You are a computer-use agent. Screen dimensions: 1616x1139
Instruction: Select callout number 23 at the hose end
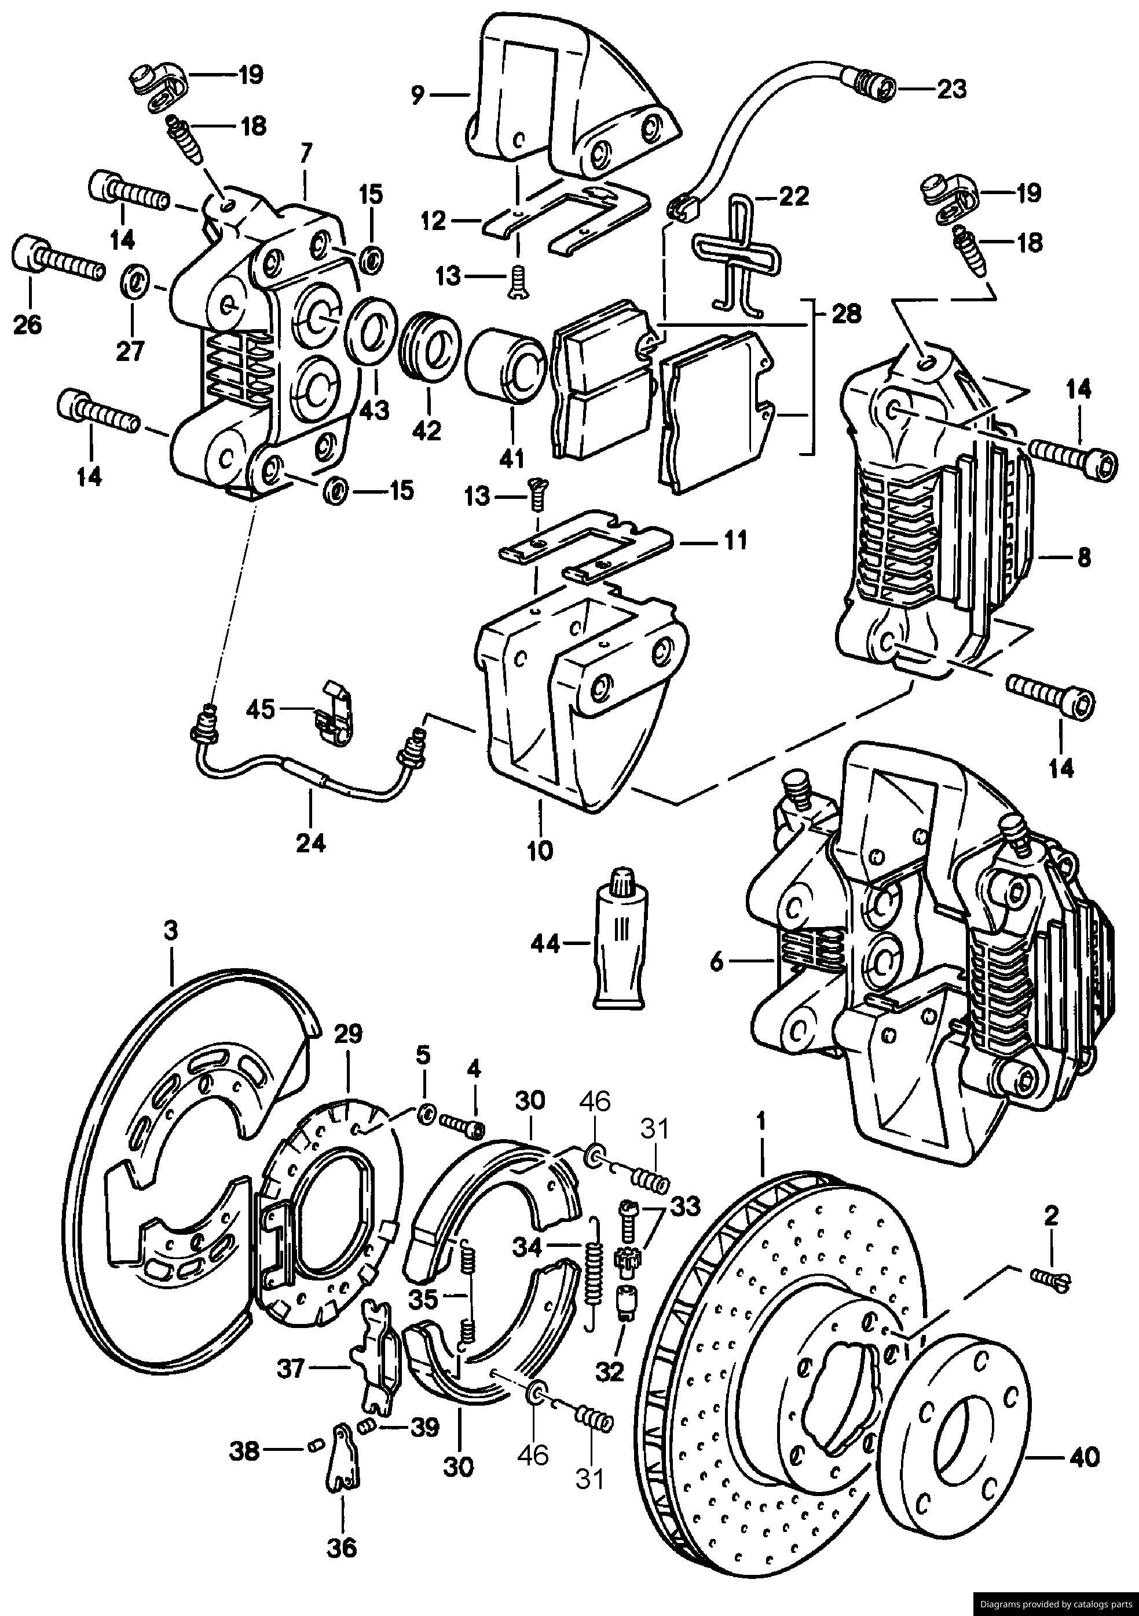[x=951, y=89]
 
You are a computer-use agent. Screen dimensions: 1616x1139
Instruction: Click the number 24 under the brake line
[x=311, y=842]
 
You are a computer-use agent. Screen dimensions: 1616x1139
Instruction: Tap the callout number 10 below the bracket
[x=540, y=850]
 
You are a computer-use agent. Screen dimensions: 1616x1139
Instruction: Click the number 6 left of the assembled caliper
[x=716, y=962]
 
